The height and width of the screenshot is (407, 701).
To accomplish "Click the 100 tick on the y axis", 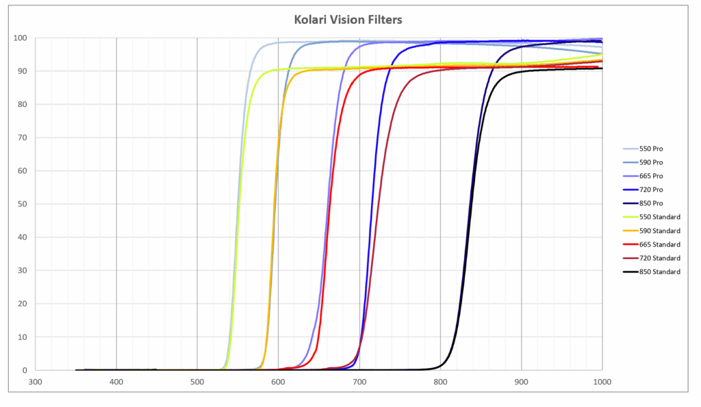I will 21,38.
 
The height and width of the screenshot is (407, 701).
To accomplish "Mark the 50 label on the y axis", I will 23,204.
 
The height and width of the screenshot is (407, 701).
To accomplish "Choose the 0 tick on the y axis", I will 25,371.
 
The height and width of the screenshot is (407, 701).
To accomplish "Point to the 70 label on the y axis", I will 23,138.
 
